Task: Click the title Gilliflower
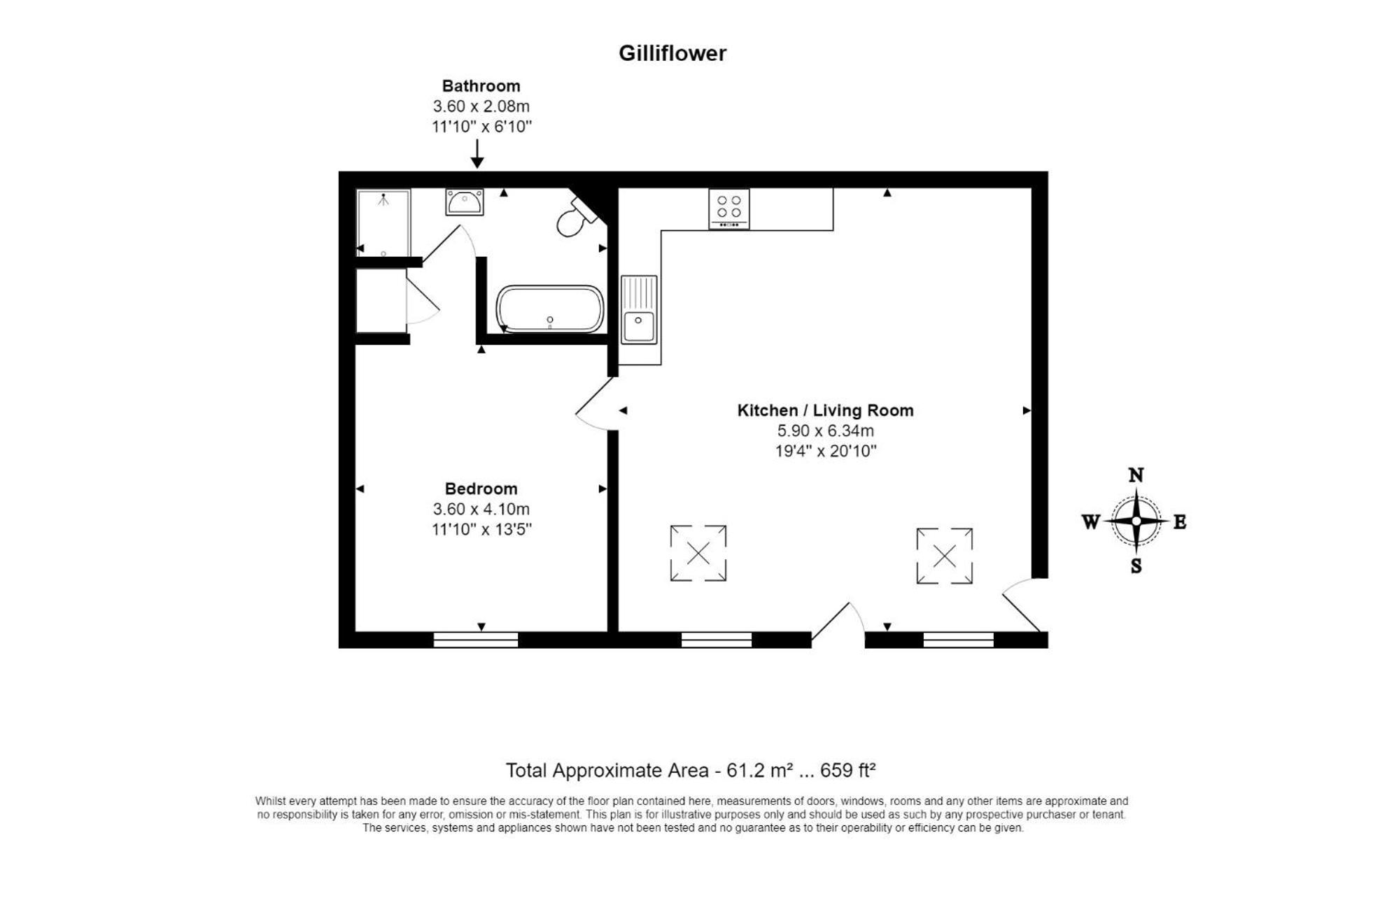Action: click(673, 53)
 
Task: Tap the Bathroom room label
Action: click(481, 86)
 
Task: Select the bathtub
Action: click(550, 309)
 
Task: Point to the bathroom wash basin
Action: click(464, 202)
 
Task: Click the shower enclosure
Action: click(383, 223)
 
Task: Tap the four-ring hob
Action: click(728, 209)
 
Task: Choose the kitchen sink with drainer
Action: click(639, 309)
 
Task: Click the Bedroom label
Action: click(481, 489)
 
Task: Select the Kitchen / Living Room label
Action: click(825, 410)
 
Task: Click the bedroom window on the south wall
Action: click(476, 640)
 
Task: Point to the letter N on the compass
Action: click(1136, 475)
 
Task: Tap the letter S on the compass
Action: click(1136, 566)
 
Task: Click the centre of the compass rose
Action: click(1136, 521)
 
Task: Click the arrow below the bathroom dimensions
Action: click(477, 154)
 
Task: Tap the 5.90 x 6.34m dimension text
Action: click(825, 430)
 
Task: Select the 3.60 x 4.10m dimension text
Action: click(481, 509)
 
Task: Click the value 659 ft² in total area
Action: click(847, 770)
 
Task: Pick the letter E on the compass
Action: click(1179, 522)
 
